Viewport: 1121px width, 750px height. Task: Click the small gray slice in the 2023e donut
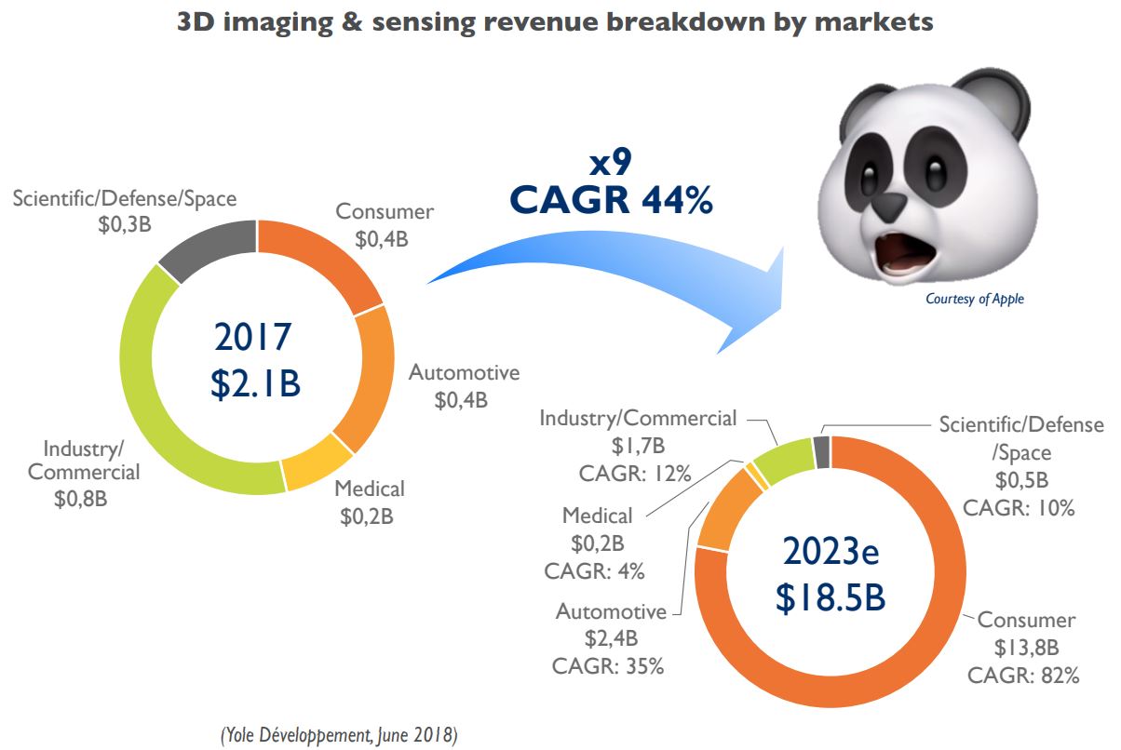(x=821, y=452)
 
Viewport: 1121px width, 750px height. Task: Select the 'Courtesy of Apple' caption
(x=974, y=299)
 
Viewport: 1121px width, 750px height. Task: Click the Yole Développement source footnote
(x=338, y=734)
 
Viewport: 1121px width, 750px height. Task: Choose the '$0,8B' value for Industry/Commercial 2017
(x=81, y=499)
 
